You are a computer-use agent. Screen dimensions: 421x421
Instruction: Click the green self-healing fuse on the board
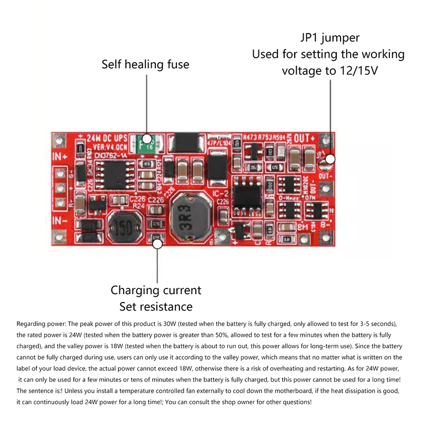pyautogui.click(x=146, y=142)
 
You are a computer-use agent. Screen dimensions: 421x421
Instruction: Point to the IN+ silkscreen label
pyautogui.click(x=60, y=156)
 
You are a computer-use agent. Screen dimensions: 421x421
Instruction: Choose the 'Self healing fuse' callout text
pyautogui.click(x=145, y=64)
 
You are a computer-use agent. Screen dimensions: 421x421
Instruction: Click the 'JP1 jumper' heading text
pyautogui.click(x=329, y=38)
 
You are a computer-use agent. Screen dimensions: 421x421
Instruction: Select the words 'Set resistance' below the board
pyautogui.click(x=156, y=306)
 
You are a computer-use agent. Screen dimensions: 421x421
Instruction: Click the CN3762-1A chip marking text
pyautogui.click(x=105, y=155)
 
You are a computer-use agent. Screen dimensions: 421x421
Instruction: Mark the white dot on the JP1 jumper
pyautogui.click(x=330, y=158)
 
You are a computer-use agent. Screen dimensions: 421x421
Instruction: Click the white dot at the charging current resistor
pyautogui.click(x=157, y=242)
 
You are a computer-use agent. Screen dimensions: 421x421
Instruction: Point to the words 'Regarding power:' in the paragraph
pyautogui.click(x=40, y=323)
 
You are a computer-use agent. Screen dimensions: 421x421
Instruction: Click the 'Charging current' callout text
pyautogui.click(x=156, y=290)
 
